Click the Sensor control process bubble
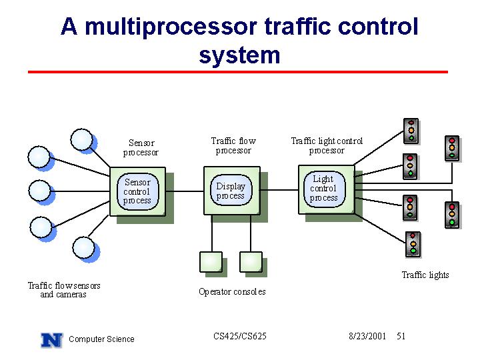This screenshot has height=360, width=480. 138,191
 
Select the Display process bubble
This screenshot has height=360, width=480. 231,191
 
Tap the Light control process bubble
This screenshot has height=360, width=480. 324,189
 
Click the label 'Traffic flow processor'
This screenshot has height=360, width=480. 233,146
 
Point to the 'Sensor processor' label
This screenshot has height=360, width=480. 141,147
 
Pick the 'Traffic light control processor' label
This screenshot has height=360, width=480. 327,146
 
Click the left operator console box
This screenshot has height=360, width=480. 211,262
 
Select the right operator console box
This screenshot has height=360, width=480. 251,262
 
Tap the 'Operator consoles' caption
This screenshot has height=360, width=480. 232,292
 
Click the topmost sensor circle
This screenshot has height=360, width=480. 82,139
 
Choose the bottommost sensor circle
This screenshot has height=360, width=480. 83,247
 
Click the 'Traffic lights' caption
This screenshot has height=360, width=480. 425,275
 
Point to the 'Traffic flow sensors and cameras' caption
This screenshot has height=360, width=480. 64,290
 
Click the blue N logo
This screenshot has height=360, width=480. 52,340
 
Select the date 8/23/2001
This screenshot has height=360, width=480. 367,337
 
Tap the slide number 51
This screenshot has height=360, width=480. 401,337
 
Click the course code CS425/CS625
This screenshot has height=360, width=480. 240,337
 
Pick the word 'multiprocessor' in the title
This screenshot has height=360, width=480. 171,27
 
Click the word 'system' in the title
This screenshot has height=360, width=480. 239,55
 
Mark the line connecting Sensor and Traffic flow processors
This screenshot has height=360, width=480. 185,191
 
